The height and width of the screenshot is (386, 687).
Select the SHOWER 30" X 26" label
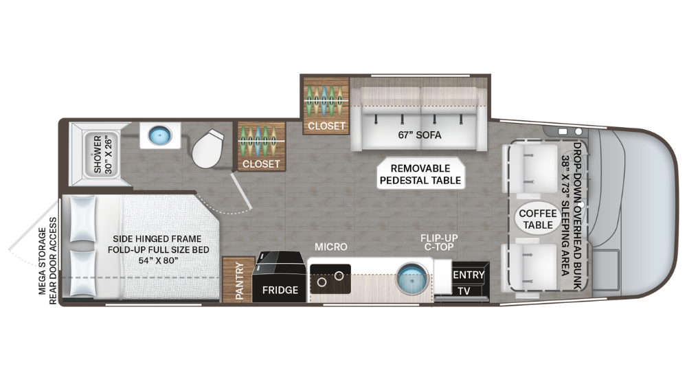pos(102,154)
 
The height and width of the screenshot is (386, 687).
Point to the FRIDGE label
pos(280,290)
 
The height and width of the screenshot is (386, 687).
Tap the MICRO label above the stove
pos(331,247)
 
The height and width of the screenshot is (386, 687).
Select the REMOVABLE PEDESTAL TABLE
pos(420,174)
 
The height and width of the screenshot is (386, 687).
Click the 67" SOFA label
pos(419,135)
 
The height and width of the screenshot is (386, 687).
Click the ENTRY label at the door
pos(469,275)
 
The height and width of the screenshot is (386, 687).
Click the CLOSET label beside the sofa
pos(326,126)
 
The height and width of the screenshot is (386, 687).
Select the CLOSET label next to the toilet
pos(261,164)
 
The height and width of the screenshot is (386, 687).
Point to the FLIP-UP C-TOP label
pos(440,243)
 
